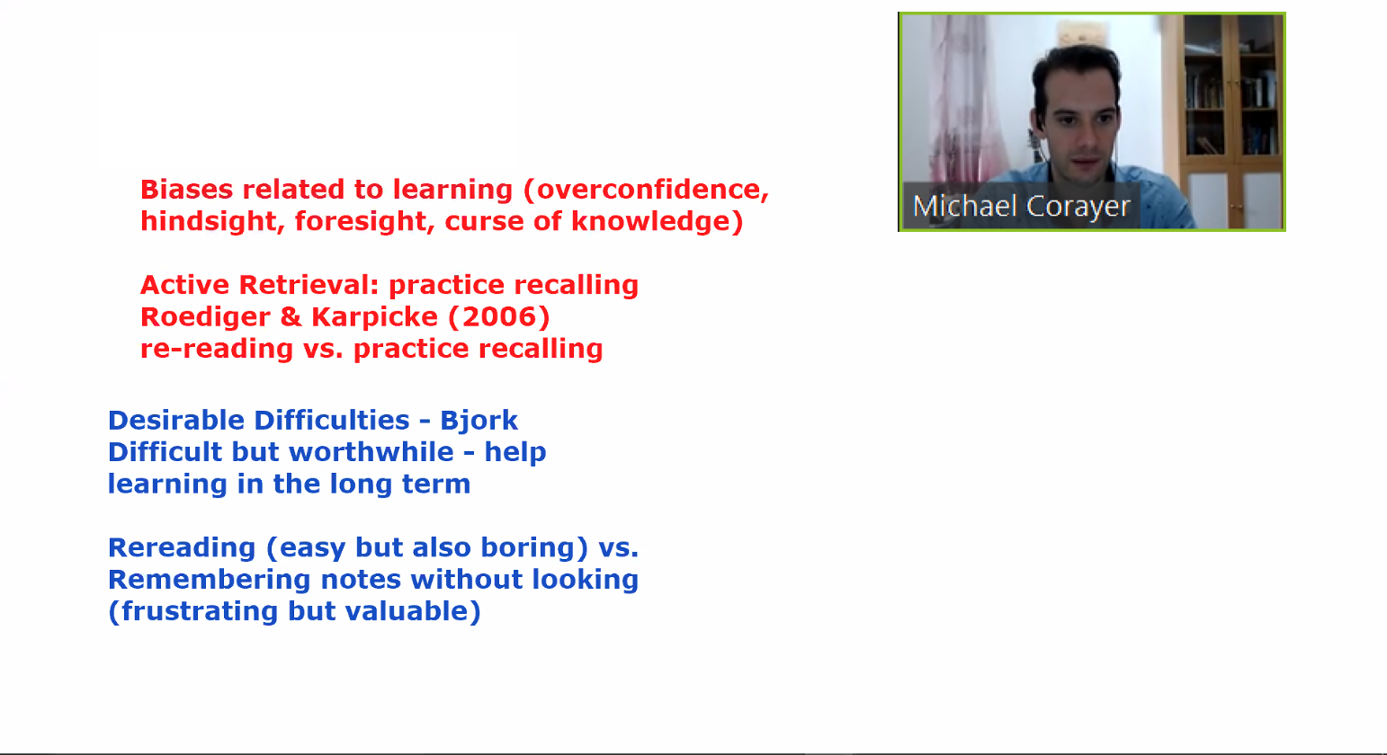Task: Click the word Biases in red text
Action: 186,190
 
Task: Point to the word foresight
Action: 364,221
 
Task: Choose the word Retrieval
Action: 309,285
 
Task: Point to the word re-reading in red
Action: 217,349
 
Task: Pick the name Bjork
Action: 479,422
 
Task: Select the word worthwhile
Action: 371,452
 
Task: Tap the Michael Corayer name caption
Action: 1022,206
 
